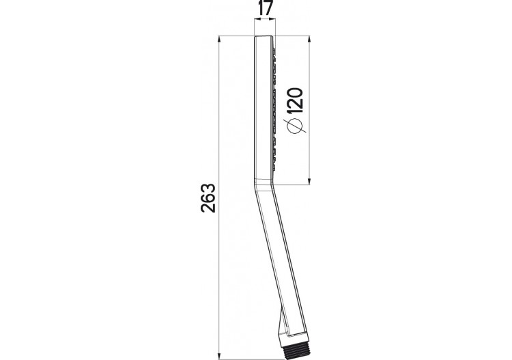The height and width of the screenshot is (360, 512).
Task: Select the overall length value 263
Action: [209, 198]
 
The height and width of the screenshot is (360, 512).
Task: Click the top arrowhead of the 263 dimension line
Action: [219, 39]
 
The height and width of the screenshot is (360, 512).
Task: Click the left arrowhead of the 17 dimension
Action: [256, 21]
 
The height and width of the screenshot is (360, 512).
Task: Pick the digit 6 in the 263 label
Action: [209, 198]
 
